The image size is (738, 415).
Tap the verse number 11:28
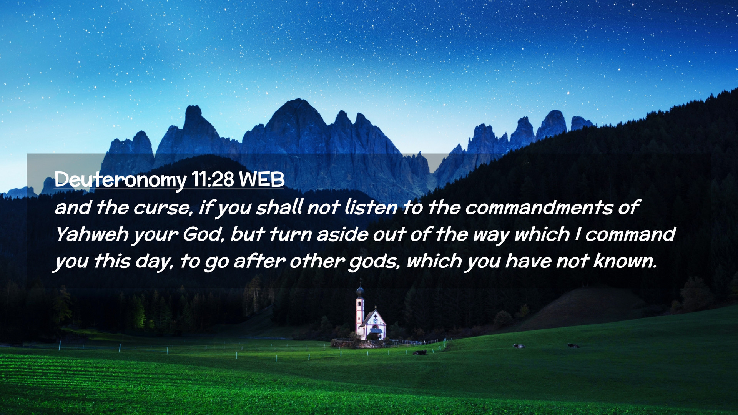(x=212, y=179)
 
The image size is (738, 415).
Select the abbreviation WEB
(x=261, y=179)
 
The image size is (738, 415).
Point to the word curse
(x=163, y=208)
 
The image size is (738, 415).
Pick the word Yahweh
(x=91, y=234)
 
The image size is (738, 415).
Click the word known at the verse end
(x=625, y=261)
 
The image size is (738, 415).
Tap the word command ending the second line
(x=630, y=234)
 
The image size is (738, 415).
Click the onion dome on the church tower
(x=360, y=292)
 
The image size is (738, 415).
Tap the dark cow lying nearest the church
(x=420, y=352)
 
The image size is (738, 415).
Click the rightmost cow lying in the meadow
(x=573, y=346)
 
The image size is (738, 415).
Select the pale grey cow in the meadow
(x=519, y=346)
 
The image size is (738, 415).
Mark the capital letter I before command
(x=577, y=234)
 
